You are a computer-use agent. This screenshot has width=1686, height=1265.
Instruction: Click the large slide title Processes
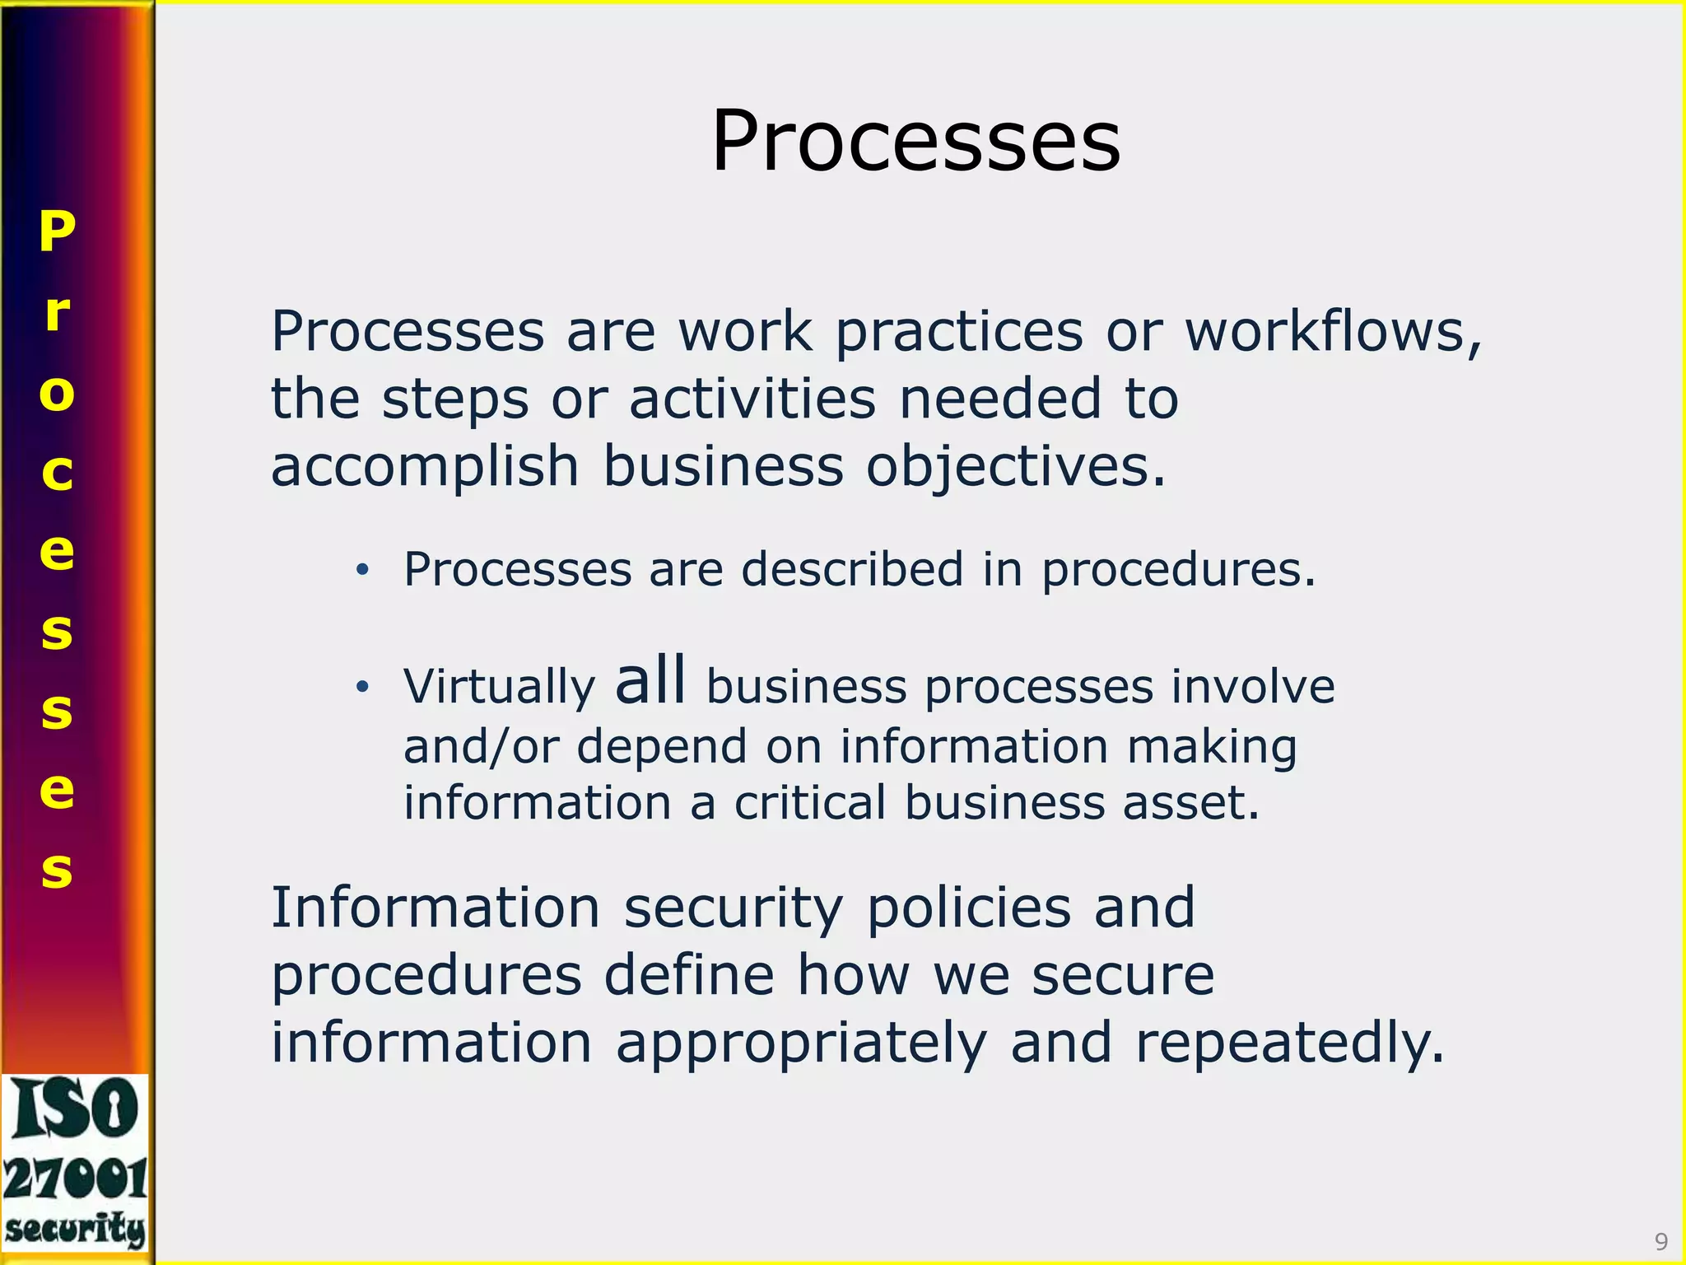pyautogui.click(x=915, y=142)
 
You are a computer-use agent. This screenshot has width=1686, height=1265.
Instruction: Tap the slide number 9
pyautogui.click(x=1660, y=1241)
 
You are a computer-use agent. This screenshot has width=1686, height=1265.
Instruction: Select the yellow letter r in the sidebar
pyautogui.click(x=57, y=313)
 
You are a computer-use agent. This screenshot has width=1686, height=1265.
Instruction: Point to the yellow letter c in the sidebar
pyautogui.click(x=57, y=472)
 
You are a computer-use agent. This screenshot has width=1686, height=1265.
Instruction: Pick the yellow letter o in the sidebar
pyautogui.click(x=57, y=393)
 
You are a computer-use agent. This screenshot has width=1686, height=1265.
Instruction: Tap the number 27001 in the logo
pyautogui.click(x=75, y=1179)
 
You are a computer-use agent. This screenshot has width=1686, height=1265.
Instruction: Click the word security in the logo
pyautogui.click(x=75, y=1230)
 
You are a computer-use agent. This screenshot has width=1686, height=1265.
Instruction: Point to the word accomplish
pyautogui.click(x=425, y=466)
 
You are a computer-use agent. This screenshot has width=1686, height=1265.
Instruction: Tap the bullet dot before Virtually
pyautogui.click(x=362, y=687)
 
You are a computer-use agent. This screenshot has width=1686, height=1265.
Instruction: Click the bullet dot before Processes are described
pyautogui.click(x=362, y=570)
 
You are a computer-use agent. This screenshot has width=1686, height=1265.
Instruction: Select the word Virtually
pyautogui.click(x=499, y=687)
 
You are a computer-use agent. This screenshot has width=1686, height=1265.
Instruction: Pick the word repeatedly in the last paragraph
pyautogui.click(x=1289, y=1043)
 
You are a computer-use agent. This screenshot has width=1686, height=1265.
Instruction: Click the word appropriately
pyautogui.click(x=800, y=1043)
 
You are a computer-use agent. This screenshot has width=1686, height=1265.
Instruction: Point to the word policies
pyautogui.click(x=969, y=908)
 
